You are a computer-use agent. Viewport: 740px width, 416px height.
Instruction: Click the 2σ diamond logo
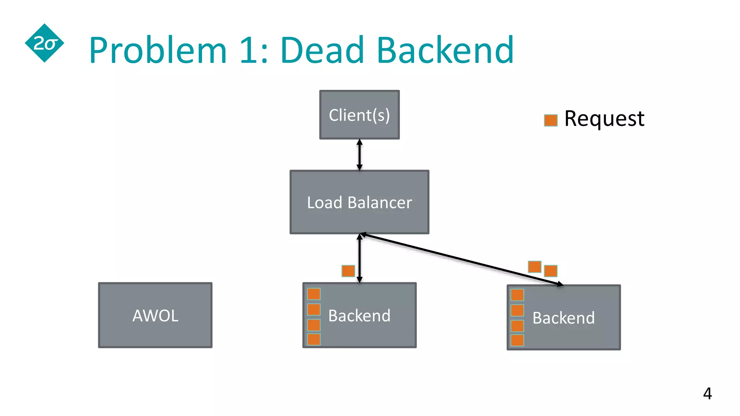[x=44, y=43]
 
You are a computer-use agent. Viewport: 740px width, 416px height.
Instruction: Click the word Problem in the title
[x=158, y=51]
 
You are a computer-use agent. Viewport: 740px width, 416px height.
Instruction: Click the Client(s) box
[x=360, y=115]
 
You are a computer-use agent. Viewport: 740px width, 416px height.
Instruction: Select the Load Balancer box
[x=360, y=202]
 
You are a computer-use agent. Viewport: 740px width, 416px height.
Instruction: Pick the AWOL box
[x=155, y=315]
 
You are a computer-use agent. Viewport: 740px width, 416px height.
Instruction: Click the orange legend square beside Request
[x=551, y=120]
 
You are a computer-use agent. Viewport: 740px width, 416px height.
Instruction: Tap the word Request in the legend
[x=604, y=118]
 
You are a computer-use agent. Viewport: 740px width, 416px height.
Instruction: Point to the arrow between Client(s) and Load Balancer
[x=360, y=155]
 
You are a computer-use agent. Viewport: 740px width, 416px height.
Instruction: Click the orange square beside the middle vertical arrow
[x=348, y=271]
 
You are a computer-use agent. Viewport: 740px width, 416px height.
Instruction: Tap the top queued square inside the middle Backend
[x=314, y=294]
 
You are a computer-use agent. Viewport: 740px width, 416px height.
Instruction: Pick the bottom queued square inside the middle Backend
[x=314, y=339]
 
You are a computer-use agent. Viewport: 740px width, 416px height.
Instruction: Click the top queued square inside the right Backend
[x=517, y=295]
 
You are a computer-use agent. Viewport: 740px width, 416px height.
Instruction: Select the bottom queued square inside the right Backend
[x=517, y=340]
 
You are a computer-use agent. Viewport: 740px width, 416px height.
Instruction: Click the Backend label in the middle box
[x=359, y=316]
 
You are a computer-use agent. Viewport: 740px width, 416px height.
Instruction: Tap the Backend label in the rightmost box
[x=563, y=318]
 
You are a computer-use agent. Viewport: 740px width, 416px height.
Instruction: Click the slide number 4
[x=707, y=393]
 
